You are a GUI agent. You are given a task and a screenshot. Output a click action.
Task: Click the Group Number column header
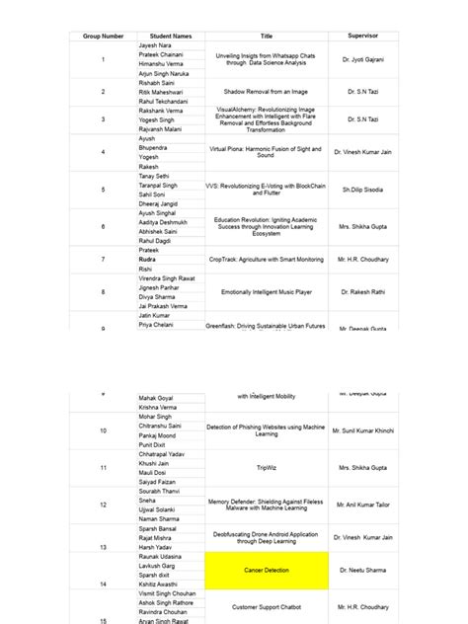click(x=103, y=36)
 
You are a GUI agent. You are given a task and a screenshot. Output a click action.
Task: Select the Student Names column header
click(x=171, y=36)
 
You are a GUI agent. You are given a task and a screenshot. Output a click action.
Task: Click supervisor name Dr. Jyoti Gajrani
click(x=362, y=60)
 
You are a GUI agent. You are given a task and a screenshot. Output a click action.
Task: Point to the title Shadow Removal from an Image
click(x=266, y=91)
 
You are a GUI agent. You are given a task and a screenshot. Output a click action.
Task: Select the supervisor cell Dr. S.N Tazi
click(x=362, y=91)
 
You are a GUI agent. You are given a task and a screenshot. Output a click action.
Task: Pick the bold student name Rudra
click(x=149, y=259)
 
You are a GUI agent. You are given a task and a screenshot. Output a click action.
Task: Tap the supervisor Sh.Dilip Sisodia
click(x=362, y=189)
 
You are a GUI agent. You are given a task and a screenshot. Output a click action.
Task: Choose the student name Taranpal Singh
click(x=160, y=185)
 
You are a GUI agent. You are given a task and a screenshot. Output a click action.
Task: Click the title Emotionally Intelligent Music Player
click(x=266, y=292)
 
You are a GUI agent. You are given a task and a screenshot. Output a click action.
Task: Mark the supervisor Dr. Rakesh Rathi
click(x=362, y=292)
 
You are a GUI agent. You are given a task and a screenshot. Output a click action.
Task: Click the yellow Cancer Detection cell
click(x=266, y=571)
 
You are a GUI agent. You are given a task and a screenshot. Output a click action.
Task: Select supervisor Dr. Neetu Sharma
click(x=362, y=571)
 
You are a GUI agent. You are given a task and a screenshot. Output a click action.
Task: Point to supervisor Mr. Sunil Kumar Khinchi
click(x=362, y=431)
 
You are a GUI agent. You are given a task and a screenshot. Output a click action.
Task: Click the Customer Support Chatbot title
click(x=266, y=607)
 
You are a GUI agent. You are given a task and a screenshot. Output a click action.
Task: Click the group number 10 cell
click(x=103, y=431)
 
